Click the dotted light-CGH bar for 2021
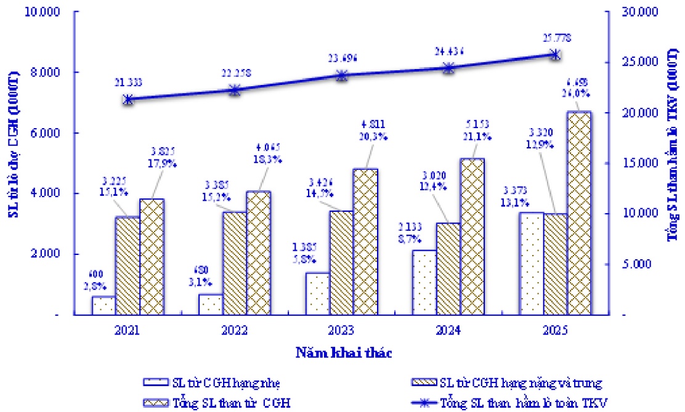tap(104, 305)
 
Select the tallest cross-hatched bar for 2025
tap(578, 213)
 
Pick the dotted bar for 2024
tap(425, 283)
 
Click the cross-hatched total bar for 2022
tap(258, 253)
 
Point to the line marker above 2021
tap(128, 99)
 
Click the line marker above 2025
tap(554, 54)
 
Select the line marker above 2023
tap(341, 76)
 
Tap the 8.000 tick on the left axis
tap(43, 73)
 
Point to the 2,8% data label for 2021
tap(95, 286)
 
